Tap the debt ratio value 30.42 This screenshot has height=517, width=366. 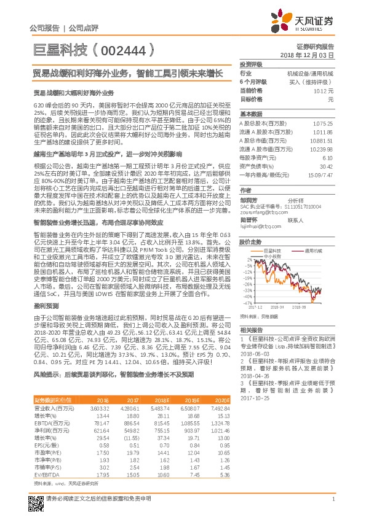(x=327, y=166)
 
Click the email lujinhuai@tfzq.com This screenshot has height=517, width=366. (x=259, y=227)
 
